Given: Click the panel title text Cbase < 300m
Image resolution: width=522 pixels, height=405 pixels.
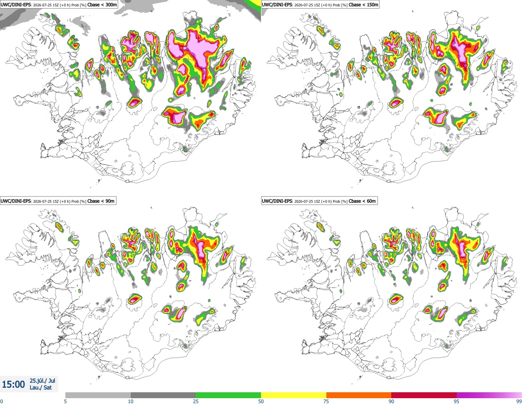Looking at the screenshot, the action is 101,5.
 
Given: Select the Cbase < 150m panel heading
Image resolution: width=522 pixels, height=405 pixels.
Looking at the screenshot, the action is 364,5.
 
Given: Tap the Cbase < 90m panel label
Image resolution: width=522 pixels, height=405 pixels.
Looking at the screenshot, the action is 101,201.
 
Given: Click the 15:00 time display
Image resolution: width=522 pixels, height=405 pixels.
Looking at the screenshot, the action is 13,385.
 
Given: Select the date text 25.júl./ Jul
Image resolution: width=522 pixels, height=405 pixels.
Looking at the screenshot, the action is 42,380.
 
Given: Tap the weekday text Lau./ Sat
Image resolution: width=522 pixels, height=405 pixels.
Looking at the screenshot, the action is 40,388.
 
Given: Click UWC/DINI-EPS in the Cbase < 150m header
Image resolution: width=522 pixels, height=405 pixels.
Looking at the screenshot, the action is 277,5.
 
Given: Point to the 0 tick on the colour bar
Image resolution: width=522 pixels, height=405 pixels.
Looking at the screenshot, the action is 1,401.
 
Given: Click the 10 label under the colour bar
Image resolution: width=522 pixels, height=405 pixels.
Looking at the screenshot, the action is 131,401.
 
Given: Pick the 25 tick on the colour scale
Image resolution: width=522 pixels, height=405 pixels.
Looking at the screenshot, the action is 196,401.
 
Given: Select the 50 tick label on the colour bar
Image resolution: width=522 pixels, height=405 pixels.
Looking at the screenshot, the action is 261,401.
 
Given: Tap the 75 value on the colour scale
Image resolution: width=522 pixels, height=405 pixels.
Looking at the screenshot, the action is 326,401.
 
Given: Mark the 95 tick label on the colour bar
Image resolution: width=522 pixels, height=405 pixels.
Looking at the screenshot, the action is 457,401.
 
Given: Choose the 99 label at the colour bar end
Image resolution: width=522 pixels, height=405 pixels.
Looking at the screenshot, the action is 519,401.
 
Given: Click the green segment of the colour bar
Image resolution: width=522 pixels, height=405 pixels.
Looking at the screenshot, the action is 228,395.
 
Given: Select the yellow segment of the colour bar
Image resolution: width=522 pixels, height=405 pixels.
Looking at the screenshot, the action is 294,395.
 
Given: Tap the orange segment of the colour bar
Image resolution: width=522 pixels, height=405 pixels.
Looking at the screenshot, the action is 359,395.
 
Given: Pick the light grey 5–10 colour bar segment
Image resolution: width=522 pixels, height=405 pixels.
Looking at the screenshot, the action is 98,395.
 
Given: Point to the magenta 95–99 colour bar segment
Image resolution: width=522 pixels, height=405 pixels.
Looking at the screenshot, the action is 489,395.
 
